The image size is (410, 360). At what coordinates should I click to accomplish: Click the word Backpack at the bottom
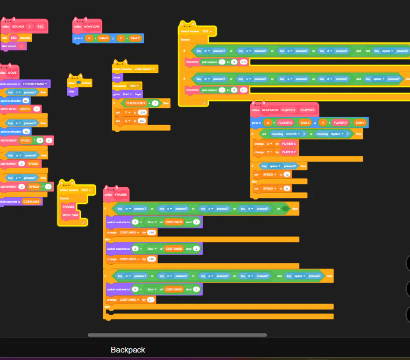pyautogui.click(x=127, y=350)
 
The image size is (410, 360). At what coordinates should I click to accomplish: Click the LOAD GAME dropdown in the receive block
pyautogui.click(x=145, y=69)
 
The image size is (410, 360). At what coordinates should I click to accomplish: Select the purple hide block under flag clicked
pyautogui.click(x=71, y=92)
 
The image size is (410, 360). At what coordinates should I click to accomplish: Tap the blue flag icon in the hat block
pyautogui.click(x=79, y=83)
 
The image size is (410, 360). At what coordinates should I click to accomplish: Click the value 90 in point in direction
pyautogui.click(x=26, y=100)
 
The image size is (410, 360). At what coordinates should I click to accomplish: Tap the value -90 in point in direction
pyautogui.click(x=27, y=132)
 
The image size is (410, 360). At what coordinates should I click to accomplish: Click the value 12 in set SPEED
pyautogui.click(x=287, y=174)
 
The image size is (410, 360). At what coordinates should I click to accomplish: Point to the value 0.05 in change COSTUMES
pyautogui.click(x=151, y=232)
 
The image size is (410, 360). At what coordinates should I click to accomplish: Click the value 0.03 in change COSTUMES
pyautogui.click(x=151, y=259)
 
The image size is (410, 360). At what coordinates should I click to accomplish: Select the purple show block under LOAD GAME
pyautogui.click(x=117, y=78)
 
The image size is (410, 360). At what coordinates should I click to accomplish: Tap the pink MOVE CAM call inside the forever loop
pyautogui.click(x=71, y=214)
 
